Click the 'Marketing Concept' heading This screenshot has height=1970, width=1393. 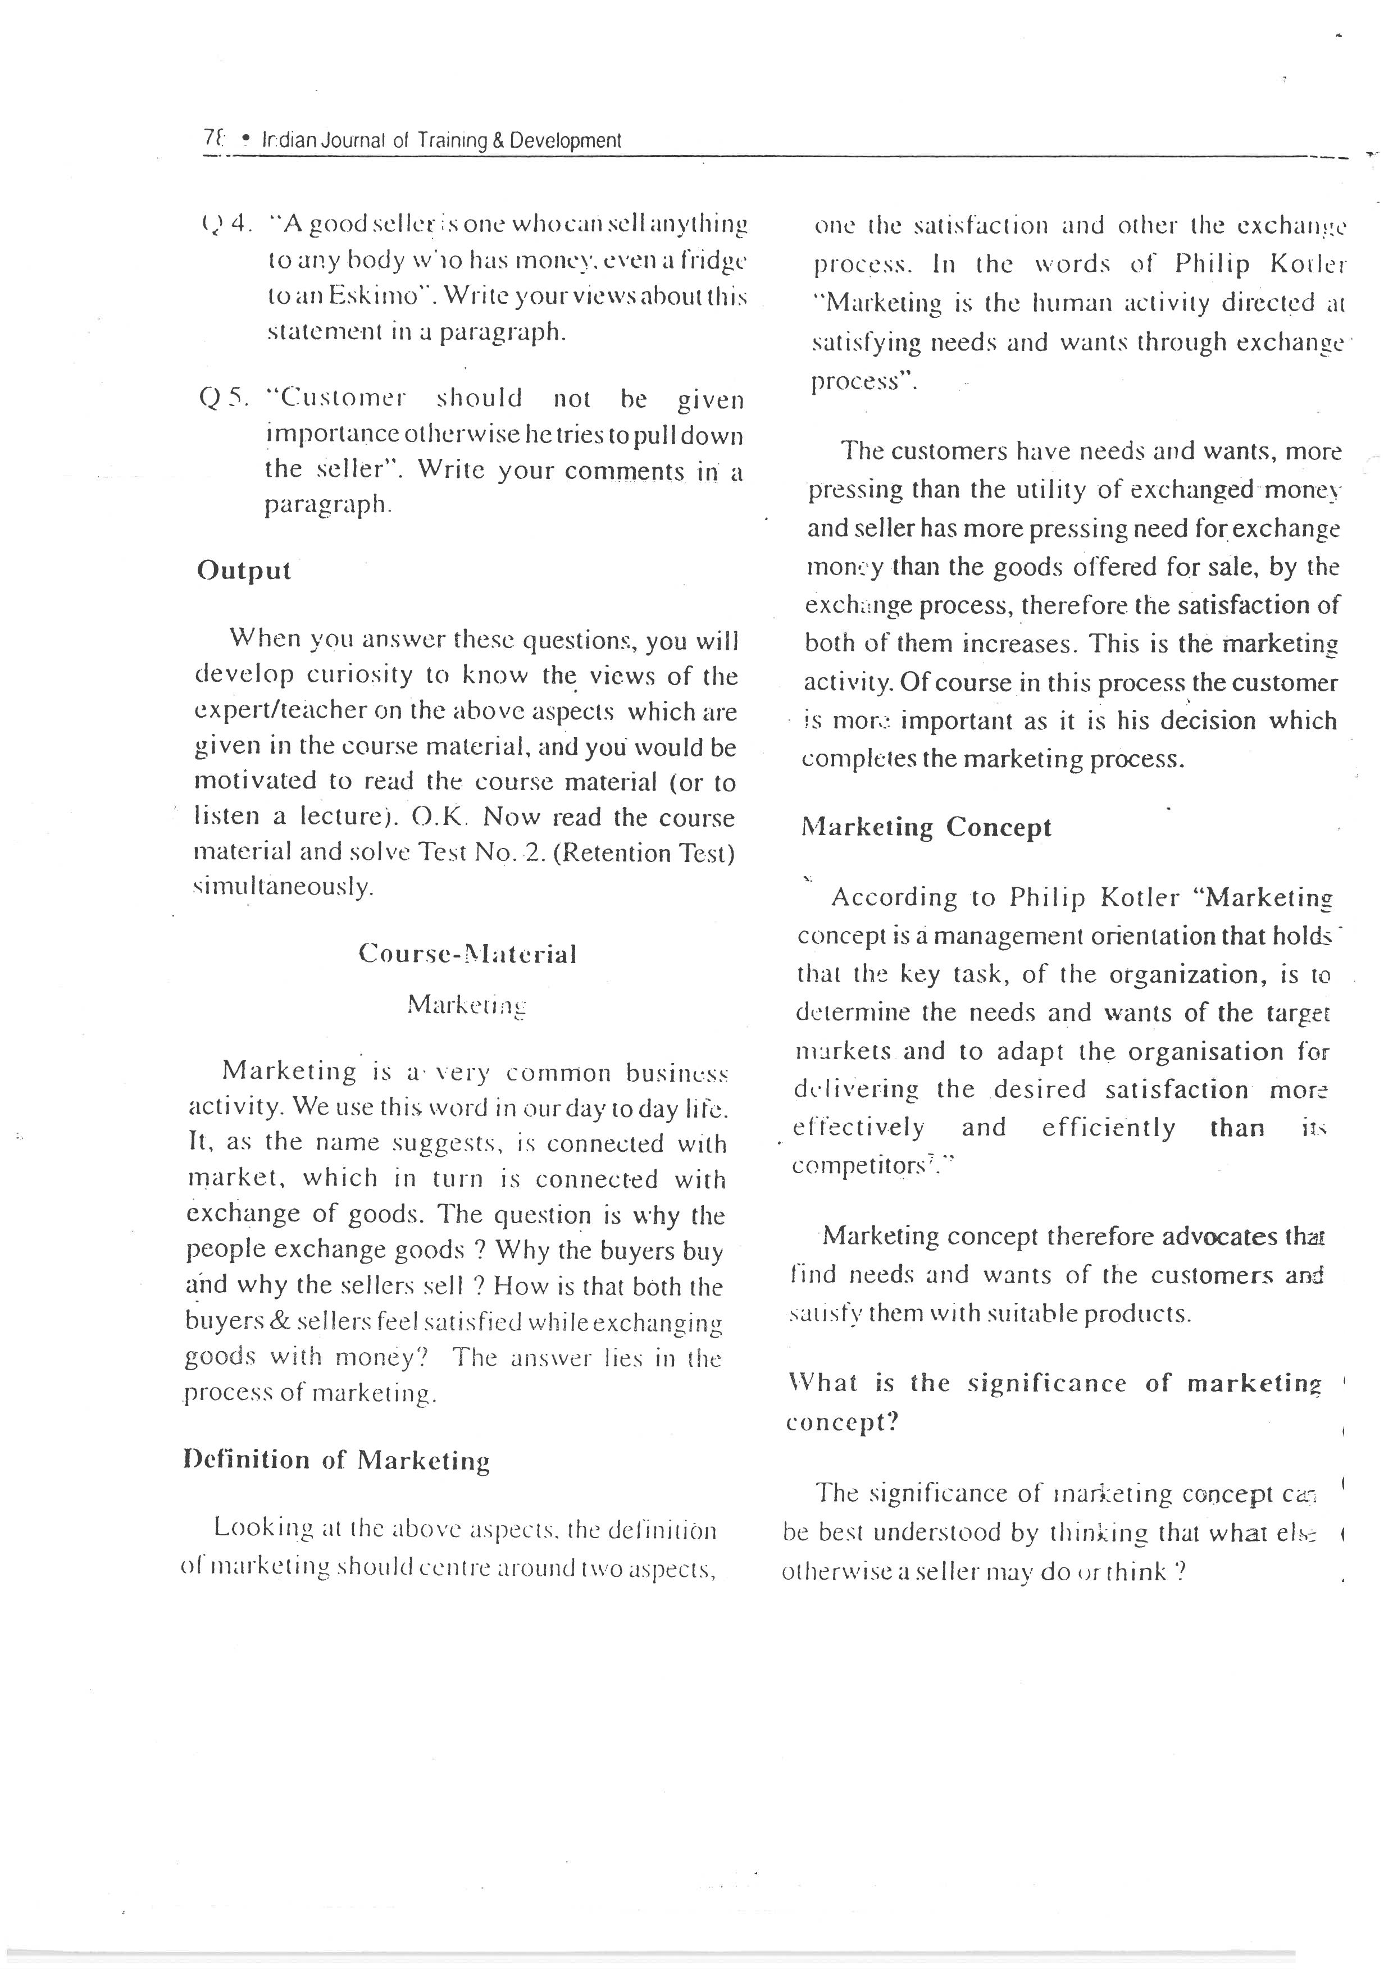(926, 828)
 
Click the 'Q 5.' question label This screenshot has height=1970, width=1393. (223, 398)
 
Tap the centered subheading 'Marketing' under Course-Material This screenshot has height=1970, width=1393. (467, 1005)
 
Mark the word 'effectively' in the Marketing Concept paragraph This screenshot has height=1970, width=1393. (858, 1128)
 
